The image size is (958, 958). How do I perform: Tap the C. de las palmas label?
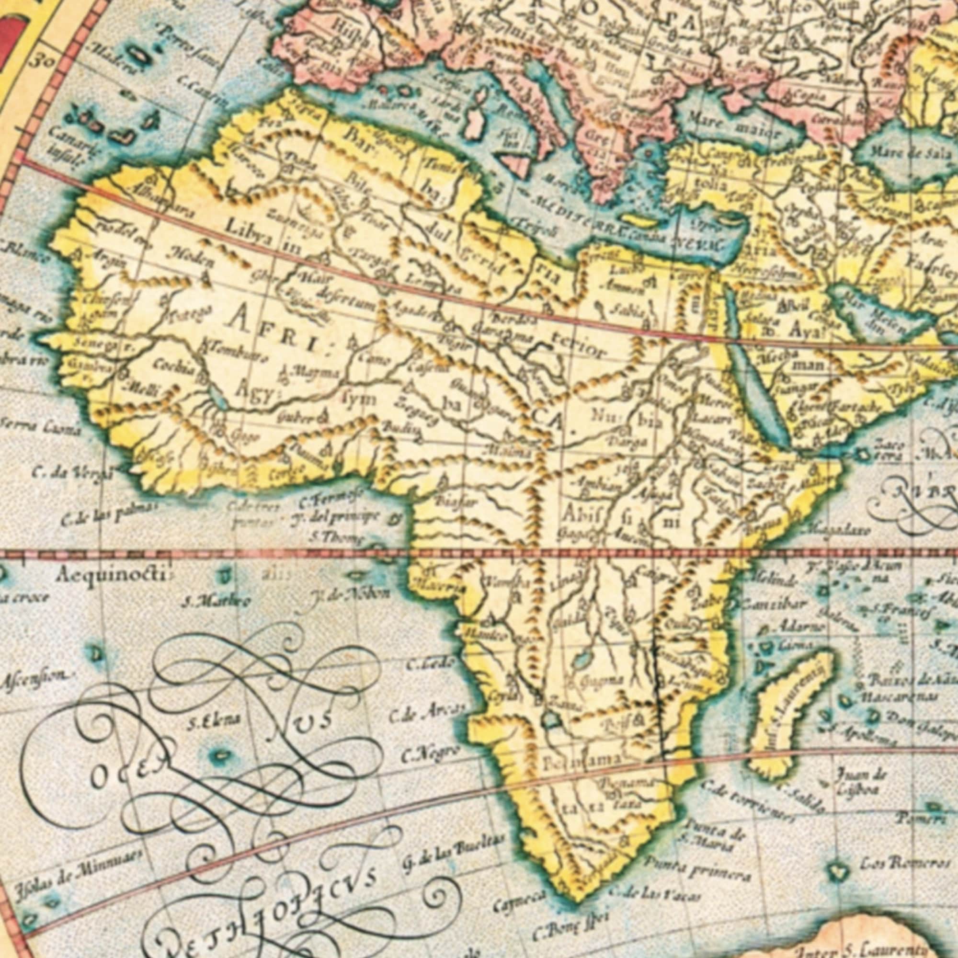pyautogui.click(x=109, y=516)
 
